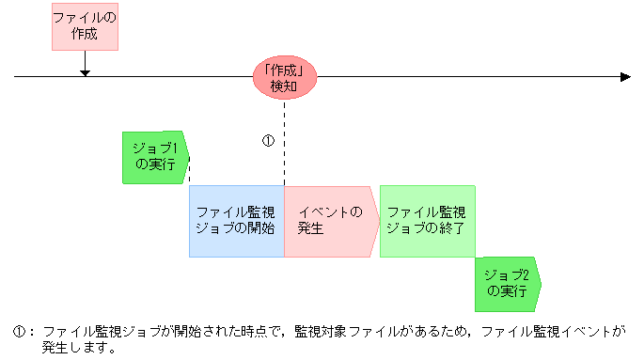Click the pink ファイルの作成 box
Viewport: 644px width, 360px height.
click(x=85, y=27)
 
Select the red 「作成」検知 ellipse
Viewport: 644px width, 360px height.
click(x=284, y=77)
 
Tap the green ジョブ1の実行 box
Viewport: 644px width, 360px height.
click(x=155, y=156)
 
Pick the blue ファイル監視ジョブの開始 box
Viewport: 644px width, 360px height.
click(x=236, y=220)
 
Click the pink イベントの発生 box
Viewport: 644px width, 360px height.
click(x=330, y=220)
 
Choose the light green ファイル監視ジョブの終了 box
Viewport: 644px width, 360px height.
click(x=427, y=220)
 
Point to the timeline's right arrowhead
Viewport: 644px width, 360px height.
click(x=624, y=76)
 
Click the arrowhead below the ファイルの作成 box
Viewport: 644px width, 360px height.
click(x=85, y=70)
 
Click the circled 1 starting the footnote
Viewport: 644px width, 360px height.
click(x=19, y=331)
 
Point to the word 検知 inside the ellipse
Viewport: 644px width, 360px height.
click(x=284, y=86)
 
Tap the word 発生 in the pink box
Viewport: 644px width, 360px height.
click(x=310, y=228)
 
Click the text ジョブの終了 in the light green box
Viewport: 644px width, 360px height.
click(x=427, y=228)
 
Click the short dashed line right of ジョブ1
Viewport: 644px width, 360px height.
click(x=191, y=171)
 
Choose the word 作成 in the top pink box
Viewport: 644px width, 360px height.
click(x=85, y=36)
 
